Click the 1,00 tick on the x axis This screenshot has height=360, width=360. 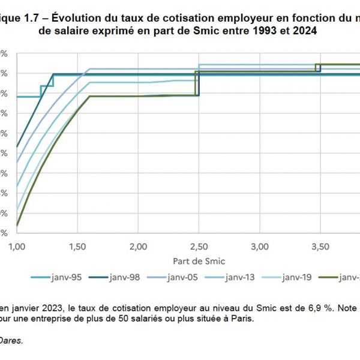17,247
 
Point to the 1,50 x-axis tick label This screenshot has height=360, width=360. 77,247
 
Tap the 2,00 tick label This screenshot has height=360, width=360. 138,247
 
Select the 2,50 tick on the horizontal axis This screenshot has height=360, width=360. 199,247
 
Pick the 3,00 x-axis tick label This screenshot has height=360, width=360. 259,247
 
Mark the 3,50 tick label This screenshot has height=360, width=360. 320,247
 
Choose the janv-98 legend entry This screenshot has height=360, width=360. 116,277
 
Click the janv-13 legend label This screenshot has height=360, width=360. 239,277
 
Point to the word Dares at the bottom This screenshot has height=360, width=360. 11,340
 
